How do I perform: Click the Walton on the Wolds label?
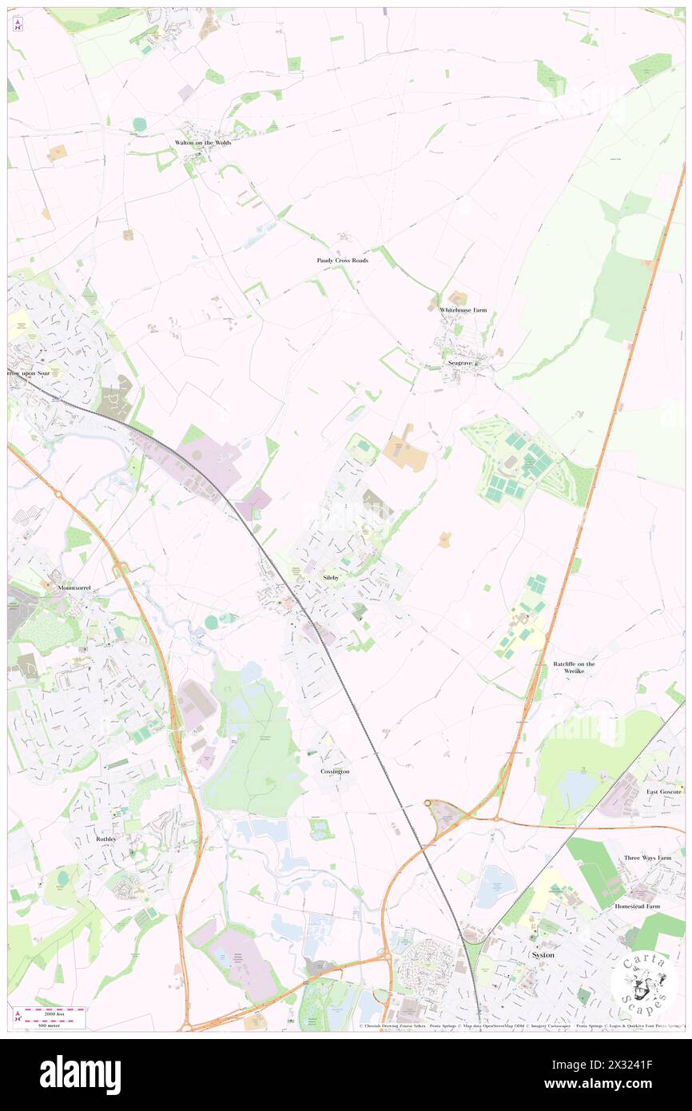(203, 142)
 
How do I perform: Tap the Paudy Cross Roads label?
(342, 261)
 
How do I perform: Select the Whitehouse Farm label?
(463, 310)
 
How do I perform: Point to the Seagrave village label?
(461, 363)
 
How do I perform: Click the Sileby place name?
(331, 576)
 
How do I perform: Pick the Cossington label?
(335, 771)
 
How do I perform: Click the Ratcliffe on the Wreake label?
(574, 668)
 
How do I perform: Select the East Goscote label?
(664, 791)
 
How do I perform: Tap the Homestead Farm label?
(637, 906)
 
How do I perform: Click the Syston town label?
(543, 955)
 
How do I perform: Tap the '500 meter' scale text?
(50, 1025)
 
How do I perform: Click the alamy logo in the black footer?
(80, 1074)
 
